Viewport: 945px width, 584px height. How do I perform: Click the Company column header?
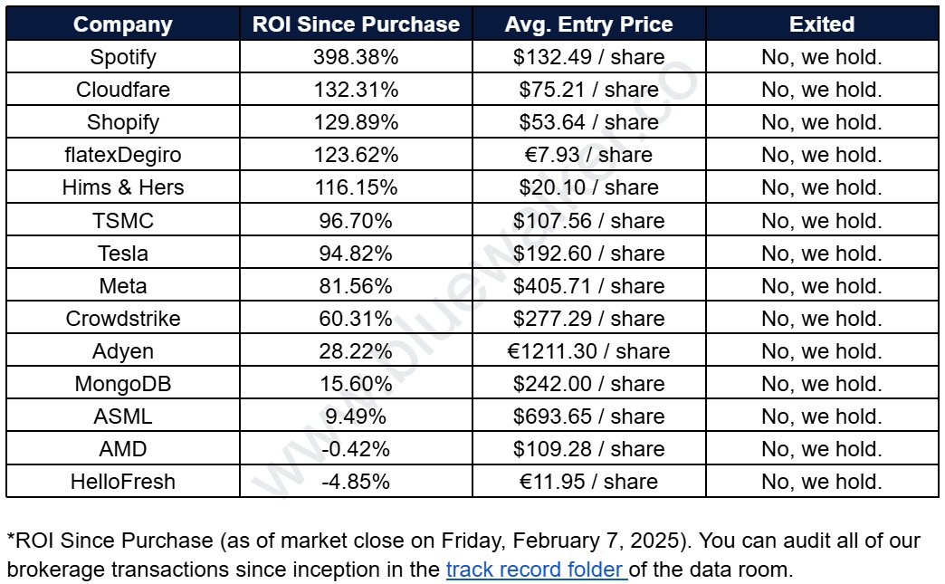coord(123,24)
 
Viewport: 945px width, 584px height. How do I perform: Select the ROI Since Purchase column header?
coord(356,24)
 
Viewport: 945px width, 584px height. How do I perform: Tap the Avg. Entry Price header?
coord(589,24)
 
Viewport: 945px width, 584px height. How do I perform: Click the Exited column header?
coord(822,24)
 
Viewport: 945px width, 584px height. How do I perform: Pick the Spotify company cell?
coord(123,57)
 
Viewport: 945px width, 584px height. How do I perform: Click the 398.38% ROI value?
coord(356,57)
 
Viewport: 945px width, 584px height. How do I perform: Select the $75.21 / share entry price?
coord(589,90)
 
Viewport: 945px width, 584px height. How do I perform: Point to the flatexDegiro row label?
coord(123,155)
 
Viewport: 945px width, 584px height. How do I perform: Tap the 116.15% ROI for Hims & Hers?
coord(356,187)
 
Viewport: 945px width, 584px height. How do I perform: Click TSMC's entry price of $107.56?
coord(589,221)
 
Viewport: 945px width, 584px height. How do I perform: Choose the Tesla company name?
coord(123,254)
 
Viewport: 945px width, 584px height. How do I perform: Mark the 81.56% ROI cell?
coord(356,286)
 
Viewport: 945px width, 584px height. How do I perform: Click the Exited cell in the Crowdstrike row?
coord(822,318)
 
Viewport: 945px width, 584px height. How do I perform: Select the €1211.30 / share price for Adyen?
coord(589,350)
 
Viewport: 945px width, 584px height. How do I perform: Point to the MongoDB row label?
coord(123,384)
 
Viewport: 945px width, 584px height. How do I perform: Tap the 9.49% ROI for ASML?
coord(356,416)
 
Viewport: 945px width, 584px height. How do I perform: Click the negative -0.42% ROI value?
coord(356,449)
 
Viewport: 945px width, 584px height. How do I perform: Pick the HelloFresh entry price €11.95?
coord(589,482)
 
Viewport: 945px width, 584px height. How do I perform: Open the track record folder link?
coord(537,570)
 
